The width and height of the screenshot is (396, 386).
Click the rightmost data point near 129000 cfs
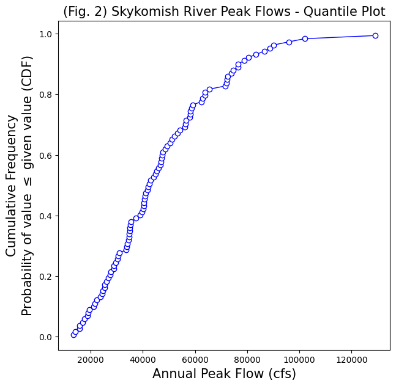[x=375, y=35]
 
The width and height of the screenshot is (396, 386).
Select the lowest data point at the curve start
[x=73, y=335]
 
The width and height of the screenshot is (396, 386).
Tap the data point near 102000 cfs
[x=305, y=38]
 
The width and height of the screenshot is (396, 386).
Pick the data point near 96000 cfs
[x=289, y=42]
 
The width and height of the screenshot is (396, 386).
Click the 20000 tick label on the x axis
[x=91, y=360]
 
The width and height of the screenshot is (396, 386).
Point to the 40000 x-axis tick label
[x=143, y=360]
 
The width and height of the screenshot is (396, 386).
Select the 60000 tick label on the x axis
[x=195, y=360]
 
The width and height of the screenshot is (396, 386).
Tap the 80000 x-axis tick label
[x=247, y=360]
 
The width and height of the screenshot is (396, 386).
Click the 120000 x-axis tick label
[x=351, y=360]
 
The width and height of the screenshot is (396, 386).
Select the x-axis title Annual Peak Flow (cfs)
[x=224, y=374]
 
